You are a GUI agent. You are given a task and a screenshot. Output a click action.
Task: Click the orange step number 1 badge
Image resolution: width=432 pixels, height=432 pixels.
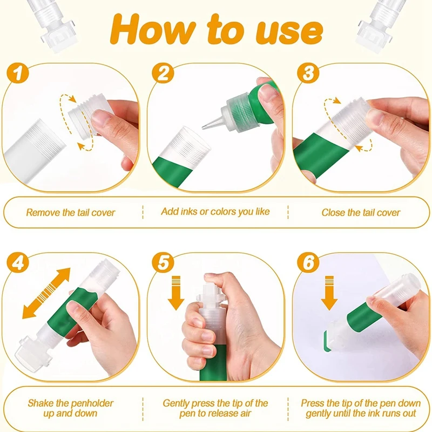coord(18,73)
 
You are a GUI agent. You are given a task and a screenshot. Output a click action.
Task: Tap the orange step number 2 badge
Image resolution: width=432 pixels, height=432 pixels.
coord(163,73)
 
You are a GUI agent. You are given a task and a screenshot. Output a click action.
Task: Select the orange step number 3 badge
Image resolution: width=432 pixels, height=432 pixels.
coord(308,73)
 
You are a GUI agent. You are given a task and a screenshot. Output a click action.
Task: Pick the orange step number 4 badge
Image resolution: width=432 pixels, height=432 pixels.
coord(18,262)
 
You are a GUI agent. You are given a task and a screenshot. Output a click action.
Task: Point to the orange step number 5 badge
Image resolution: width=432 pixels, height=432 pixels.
coord(163,262)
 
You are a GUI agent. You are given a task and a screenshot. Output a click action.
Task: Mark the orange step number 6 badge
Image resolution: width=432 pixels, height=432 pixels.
coord(308,262)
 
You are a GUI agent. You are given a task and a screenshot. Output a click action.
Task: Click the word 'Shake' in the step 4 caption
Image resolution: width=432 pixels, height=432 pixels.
coord(40,403)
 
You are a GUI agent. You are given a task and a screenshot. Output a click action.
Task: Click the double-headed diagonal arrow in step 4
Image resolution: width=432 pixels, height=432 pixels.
coord(46,293)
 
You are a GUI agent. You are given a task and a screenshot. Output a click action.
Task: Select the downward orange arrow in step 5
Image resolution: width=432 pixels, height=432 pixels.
coord(176,293)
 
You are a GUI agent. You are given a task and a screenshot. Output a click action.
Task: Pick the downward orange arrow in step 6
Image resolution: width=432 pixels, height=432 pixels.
coord(329,293)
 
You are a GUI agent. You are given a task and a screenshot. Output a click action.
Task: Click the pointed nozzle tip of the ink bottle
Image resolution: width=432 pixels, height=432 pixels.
coord(203,127)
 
